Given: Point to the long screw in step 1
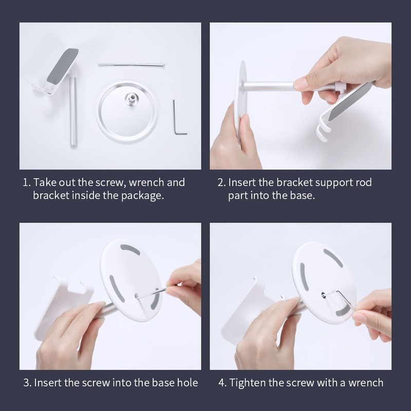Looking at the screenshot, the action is (x=132, y=65).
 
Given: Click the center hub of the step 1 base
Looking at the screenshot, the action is (x=130, y=99).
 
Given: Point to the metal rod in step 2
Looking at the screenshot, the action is (x=270, y=86).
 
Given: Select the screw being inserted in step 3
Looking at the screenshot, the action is (x=152, y=292).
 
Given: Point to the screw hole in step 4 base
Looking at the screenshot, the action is (x=323, y=294).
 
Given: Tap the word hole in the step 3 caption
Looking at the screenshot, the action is (x=188, y=383).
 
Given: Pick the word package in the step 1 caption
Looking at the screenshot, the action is (x=142, y=196).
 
